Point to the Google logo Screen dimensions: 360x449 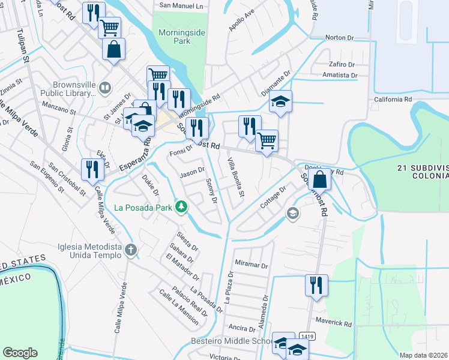20,353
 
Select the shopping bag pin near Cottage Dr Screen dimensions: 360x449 321,178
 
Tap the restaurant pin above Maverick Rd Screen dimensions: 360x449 316,285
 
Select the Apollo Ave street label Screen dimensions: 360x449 242,20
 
